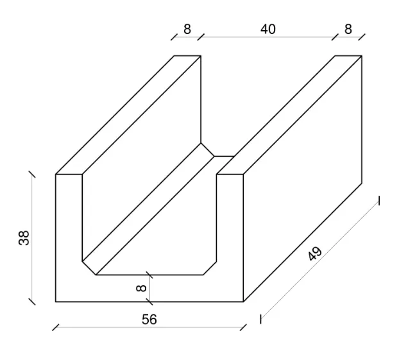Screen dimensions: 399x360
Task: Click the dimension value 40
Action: (x=267, y=30)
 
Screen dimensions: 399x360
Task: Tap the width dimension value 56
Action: (x=149, y=320)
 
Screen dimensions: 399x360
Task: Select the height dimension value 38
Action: (x=24, y=238)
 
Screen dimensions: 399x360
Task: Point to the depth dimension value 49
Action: (x=315, y=253)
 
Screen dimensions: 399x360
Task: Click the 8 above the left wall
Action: (x=187, y=30)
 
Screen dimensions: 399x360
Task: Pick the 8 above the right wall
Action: (x=348, y=30)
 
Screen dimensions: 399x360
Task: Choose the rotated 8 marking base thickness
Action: (x=141, y=288)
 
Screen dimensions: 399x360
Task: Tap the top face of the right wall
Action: (x=289, y=115)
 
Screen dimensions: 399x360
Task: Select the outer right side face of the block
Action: (x=303, y=179)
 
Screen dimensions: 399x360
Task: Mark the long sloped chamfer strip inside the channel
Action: (x=148, y=209)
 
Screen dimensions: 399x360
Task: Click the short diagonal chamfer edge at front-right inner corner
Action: (x=210, y=268)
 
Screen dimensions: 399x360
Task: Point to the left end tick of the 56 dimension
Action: (x=55, y=327)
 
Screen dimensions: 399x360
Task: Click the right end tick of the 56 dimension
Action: (x=243, y=327)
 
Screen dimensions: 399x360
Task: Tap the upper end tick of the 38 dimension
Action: (x=32, y=175)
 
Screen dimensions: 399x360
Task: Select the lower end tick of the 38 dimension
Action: (x=32, y=302)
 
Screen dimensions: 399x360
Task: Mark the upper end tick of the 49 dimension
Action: (x=379, y=201)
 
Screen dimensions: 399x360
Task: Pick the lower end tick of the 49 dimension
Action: (x=260, y=320)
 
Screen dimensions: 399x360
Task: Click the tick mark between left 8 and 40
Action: (x=201, y=37)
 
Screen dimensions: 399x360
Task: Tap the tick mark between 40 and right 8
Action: (x=335, y=37)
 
